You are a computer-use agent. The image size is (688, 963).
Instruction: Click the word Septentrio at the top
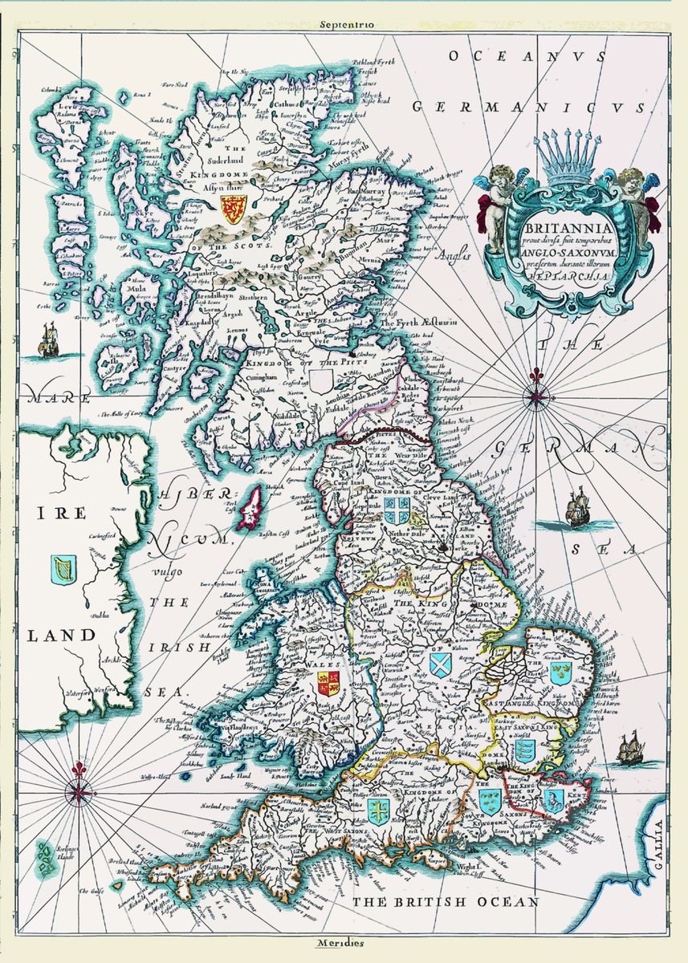point(345,25)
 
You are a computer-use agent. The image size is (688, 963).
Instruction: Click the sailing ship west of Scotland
point(50,340)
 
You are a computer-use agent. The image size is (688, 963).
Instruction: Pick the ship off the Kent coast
point(631,748)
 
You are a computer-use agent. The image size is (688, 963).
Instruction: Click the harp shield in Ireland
point(61,569)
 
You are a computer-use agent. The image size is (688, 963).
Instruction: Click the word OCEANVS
point(495,56)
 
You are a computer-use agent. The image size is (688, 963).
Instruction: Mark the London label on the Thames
point(506,762)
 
